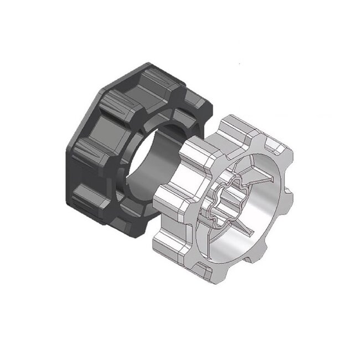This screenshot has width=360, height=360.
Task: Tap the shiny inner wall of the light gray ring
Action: pos(260,222)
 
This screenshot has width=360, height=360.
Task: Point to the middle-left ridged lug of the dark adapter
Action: pos(89,150)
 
